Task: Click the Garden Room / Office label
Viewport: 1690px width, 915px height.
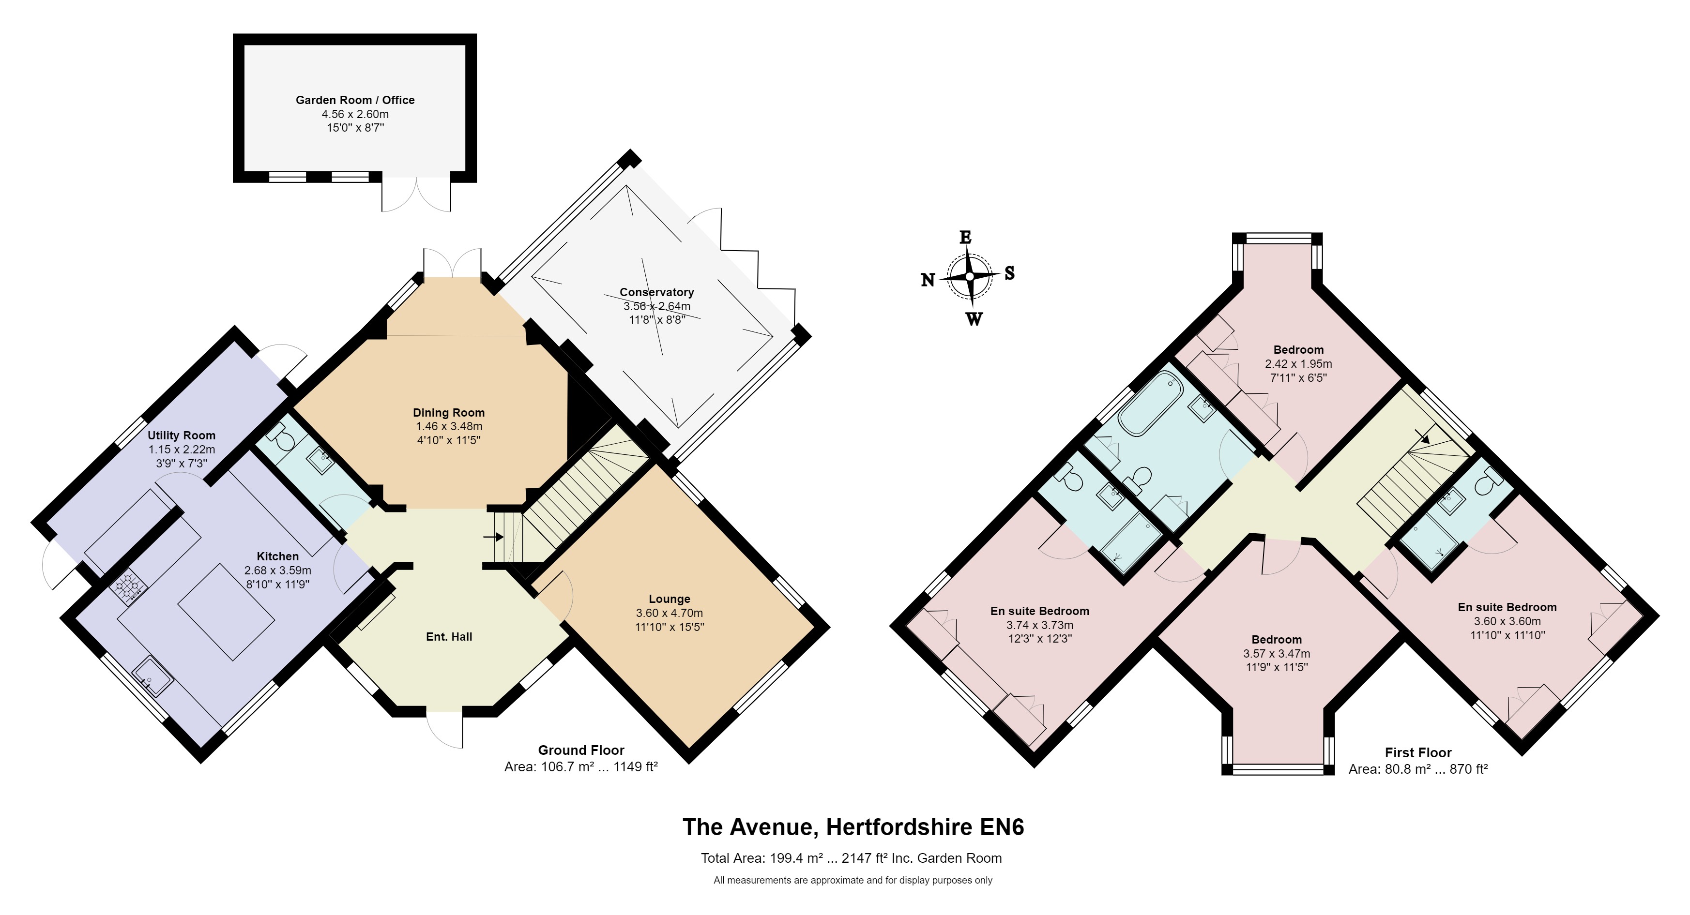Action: (x=355, y=100)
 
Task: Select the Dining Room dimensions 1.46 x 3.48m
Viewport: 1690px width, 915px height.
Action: (x=449, y=426)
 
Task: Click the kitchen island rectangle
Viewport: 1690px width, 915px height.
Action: (x=227, y=611)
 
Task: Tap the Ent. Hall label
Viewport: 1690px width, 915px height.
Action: (x=449, y=636)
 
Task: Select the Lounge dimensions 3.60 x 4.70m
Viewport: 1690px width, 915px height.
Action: (x=669, y=613)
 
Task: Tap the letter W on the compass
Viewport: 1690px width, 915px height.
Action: (x=974, y=319)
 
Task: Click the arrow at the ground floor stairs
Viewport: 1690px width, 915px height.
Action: (x=493, y=537)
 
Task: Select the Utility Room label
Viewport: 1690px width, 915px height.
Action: (x=181, y=435)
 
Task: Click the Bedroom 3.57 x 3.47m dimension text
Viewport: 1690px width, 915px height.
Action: (x=1276, y=653)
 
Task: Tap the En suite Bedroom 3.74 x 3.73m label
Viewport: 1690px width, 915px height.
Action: (x=1039, y=611)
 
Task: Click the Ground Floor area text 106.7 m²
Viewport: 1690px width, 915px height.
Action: (x=580, y=766)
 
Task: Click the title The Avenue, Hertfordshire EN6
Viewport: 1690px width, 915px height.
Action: (x=853, y=826)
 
